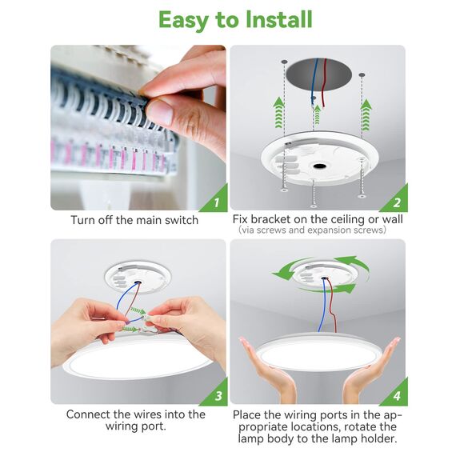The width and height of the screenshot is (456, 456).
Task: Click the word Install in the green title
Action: point(278,19)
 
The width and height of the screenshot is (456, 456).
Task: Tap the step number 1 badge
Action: point(216,201)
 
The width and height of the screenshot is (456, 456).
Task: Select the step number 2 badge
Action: point(395,201)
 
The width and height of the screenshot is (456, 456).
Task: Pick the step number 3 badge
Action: point(216,394)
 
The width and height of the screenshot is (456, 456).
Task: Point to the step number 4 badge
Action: point(395,394)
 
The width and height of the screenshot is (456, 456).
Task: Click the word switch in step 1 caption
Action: point(182,220)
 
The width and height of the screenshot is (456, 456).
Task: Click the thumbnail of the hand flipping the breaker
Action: point(138,127)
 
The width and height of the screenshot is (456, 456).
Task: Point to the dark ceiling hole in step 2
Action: point(318,74)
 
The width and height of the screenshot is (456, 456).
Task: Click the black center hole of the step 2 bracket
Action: point(320,166)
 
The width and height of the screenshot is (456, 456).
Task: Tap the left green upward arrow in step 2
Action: point(279,113)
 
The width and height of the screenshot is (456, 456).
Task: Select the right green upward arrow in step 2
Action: point(366,115)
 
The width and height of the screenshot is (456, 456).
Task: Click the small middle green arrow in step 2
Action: point(317,114)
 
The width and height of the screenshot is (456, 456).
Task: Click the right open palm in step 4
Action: point(370,370)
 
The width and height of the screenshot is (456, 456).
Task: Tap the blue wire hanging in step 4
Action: point(322,305)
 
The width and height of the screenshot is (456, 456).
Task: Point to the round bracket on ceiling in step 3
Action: point(138,277)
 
